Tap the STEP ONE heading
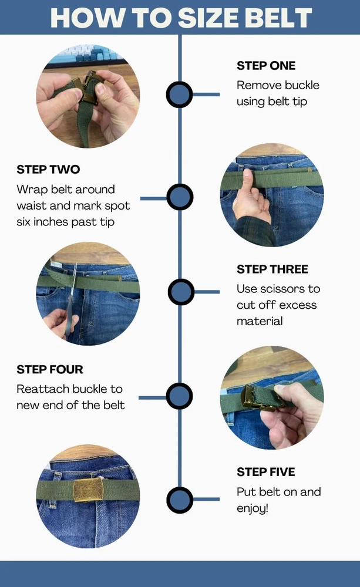266,66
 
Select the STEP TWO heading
48,169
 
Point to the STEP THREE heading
272,269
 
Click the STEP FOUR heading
50,369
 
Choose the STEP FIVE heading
266,472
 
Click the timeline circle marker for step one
180,95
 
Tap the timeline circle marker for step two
180,197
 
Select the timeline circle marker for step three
181,292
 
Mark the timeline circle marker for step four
180,396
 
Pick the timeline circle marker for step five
180,500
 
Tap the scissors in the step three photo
71,299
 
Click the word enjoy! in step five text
253,509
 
